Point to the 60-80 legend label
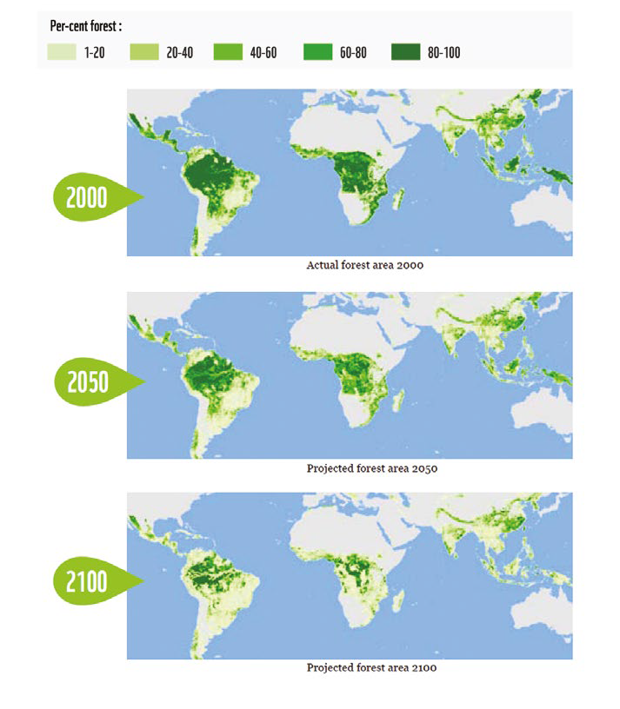[354, 53]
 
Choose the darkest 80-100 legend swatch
[395, 53]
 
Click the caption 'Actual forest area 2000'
[365, 265]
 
